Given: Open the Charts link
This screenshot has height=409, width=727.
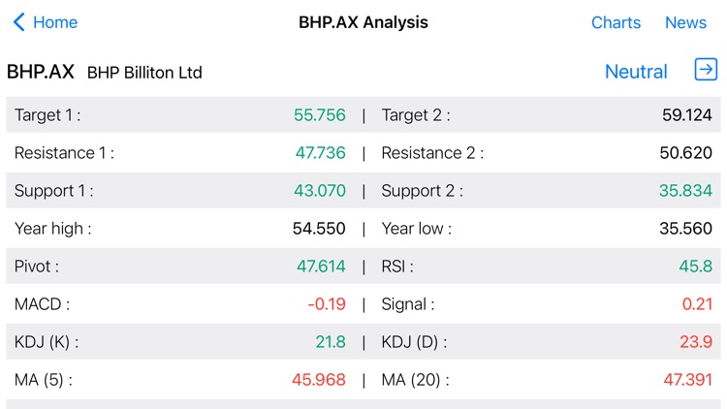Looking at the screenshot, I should tap(616, 22).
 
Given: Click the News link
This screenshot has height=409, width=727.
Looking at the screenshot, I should tap(685, 22).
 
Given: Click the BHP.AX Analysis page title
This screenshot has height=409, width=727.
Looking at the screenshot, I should tap(363, 22).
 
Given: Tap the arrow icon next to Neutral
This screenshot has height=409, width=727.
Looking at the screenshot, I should tap(706, 70).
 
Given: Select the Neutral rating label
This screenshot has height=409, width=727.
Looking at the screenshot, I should tap(636, 72).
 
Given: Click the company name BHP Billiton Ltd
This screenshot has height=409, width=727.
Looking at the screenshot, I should tap(144, 73).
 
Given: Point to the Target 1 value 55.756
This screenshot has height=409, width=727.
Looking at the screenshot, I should tap(320, 115).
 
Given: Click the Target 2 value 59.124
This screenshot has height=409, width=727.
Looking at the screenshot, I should tap(687, 115).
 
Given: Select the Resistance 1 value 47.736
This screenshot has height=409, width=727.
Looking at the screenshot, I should tap(320, 153).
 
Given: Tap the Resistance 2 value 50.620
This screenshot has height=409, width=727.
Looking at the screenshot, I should tap(686, 153).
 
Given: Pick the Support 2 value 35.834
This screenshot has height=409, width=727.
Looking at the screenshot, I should tap(686, 191).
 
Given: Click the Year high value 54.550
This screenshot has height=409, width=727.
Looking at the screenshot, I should tap(319, 229).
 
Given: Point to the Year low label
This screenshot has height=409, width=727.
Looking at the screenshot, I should tap(417, 229).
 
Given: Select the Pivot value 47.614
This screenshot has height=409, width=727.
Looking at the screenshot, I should tap(320, 267).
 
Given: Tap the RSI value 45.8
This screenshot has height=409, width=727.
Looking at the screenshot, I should tap(696, 267).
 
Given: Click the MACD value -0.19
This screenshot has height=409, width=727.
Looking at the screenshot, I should tap(327, 304).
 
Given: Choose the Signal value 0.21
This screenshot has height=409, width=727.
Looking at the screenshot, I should tap(697, 304).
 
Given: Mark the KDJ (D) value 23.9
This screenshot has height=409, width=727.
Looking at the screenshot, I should tap(696, 342).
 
